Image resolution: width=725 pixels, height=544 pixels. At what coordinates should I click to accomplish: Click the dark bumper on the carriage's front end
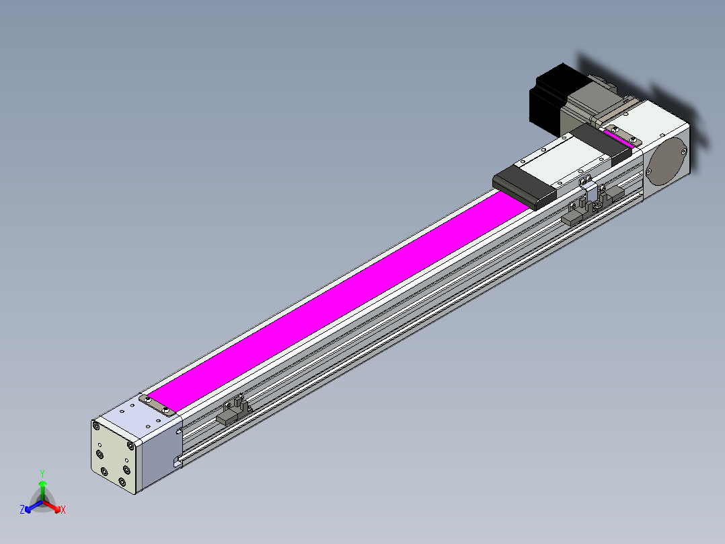pyautogui.click(x=524, y=186)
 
